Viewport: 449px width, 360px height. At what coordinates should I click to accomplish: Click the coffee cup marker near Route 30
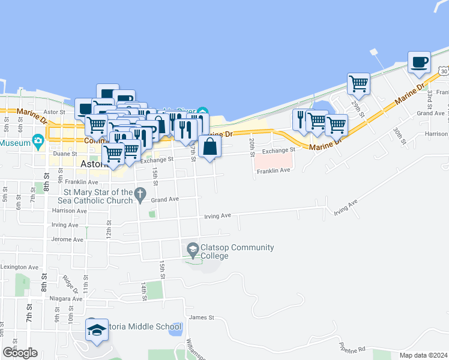pos(419,62)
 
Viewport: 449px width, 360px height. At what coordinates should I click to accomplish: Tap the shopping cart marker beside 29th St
pos(359,83)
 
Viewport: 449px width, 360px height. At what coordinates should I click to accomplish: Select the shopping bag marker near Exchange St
pos(209,146)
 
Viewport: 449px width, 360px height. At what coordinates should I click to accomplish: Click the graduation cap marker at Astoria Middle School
pos(97,330)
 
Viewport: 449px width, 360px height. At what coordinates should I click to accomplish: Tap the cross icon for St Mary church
pos(140,194)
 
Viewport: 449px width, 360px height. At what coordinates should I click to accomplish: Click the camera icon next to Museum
pos(39,142)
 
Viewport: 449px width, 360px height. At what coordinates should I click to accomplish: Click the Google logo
pos(20,353)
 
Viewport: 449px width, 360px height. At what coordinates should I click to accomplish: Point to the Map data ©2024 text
pos(423,355)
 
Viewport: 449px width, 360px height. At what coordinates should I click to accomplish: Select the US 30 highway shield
pos(443,71)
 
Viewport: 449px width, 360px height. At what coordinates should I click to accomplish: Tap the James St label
pos(201,317)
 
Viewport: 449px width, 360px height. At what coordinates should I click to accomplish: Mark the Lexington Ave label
pos(19,267)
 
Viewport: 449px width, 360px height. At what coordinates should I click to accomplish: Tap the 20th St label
pos(252,144)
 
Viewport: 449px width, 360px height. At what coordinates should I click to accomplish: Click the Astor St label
pos(53,112)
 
